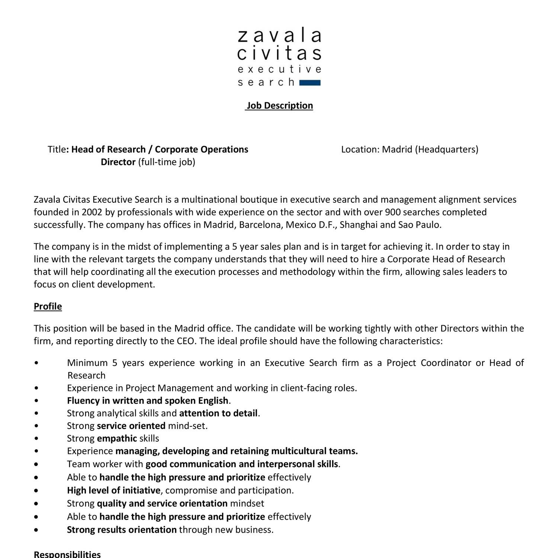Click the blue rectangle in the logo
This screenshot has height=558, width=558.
click(x=310, y=83)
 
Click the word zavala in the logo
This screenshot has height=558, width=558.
click(x=279, y=36)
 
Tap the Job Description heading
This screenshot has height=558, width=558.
click(x=279, y=106)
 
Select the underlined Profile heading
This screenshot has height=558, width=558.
click(x=48, y=306)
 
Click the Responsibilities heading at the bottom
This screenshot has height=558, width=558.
click(x=67, y=554)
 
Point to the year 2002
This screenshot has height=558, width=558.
click(x=92, y=212)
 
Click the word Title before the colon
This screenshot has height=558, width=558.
click(x=57, y=149)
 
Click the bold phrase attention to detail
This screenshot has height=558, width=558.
click(x=218, y=413)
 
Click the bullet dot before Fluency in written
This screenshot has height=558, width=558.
click(x=36, y=401)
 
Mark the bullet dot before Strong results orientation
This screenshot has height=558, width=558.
click(x=36, y=530)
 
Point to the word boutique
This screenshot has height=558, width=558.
click(x=258, y=199)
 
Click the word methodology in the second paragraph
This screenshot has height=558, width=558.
click(x=307, y=272)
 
